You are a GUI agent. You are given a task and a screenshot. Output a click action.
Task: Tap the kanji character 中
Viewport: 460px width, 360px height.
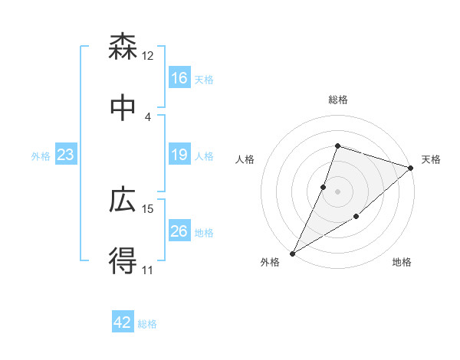pos(123,107)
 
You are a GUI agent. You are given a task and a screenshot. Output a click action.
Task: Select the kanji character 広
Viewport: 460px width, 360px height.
pos(123,201)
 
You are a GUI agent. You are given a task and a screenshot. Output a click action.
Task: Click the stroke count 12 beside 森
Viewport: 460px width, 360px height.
pos(148,56)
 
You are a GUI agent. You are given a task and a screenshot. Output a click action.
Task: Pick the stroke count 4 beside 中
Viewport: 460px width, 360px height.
pos(148,116)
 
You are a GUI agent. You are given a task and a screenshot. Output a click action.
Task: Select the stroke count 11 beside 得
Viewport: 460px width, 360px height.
pos(148,270)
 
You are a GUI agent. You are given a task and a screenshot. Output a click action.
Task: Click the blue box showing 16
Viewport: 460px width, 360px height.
pos(179,78)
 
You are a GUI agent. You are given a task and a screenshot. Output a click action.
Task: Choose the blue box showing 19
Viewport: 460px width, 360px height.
pos(179,155)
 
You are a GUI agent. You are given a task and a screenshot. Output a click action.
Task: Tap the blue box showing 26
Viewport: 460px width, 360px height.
pos(179,231)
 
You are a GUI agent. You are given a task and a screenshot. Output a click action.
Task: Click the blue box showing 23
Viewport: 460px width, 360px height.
pos(66,155)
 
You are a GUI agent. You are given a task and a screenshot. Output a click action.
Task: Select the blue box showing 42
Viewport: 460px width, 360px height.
pos(123,322)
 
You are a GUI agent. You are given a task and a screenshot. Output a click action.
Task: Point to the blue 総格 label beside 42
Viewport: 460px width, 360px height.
pos(147,324)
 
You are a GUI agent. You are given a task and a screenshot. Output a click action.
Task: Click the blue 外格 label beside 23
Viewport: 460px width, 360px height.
pos(41,156)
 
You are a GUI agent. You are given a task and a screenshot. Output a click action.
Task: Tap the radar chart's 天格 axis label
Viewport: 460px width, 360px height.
pos(431,159)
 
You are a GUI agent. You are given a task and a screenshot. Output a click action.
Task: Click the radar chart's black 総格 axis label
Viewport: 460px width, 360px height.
pos(338,100)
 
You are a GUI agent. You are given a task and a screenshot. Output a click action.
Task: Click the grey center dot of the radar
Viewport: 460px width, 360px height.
pos(338,191)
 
